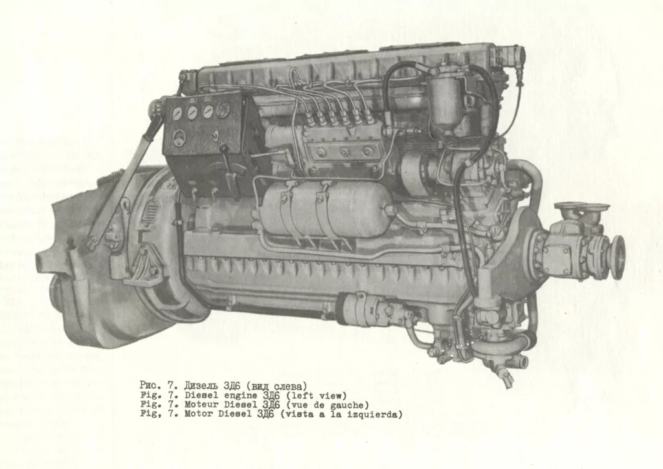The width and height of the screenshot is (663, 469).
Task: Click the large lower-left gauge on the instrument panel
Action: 179,137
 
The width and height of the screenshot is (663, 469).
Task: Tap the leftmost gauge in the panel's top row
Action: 177,113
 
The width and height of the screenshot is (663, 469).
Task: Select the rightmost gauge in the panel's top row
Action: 223,110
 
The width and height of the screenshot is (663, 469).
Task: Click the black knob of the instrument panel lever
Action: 224,149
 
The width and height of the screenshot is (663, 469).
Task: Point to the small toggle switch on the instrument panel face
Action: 215,135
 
